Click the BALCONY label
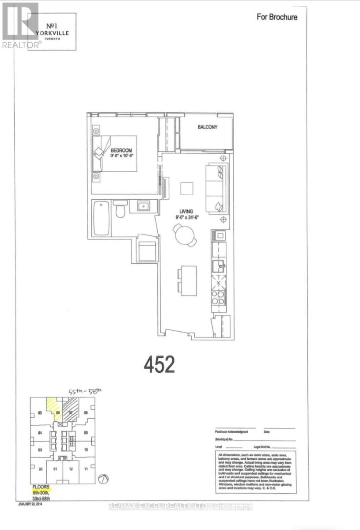(x=207, y=127)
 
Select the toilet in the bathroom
(x=120, y=209)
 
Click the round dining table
(x=184, y=235)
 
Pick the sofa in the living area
(x=217, y=188)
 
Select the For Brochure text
(x=277, y=17)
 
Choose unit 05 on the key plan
(x=40, y=413)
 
